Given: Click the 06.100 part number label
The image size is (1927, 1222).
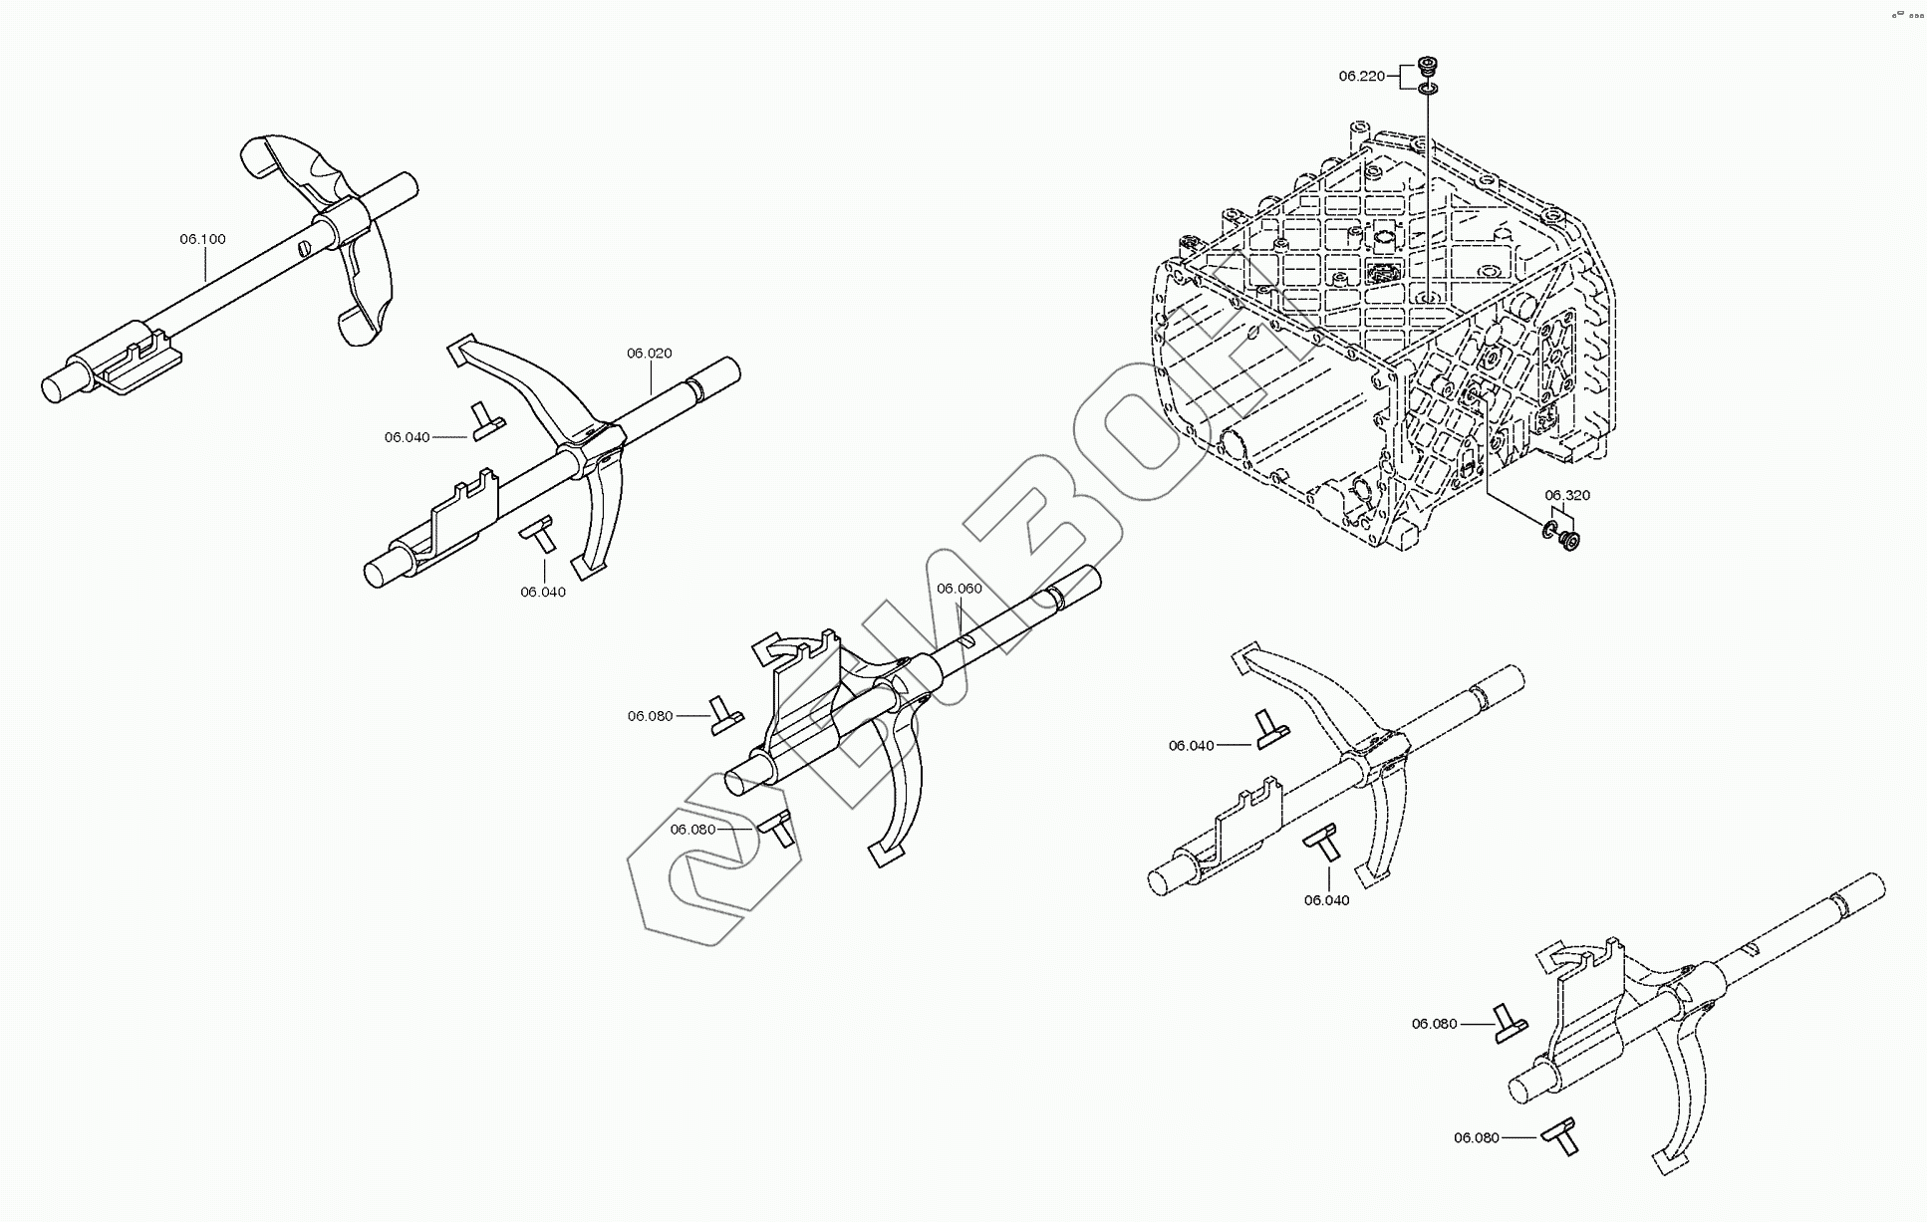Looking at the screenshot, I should pyautogui.click(x=202, y=239).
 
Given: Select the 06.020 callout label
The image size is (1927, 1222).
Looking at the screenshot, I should pyautogui.click(x=649, y=353).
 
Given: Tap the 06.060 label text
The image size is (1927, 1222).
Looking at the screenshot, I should pyautogui.click(x=959, y=589).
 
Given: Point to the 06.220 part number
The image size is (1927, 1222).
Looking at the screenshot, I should pyautogui.click(x=1361, y=76).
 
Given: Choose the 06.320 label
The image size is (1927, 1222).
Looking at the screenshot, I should pyautogui.click(x=1567, y=495).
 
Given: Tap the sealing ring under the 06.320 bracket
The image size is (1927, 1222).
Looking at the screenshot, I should pyautogui.click(x=1551, y=529).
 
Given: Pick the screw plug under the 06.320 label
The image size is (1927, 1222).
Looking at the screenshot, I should pyautogui.click(x=1570, y=542).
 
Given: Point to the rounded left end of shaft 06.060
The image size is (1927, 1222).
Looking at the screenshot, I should pyautogui.click(x=740, y=780).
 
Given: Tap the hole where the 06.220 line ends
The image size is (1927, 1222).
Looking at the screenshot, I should pyautogui.click(x=1431, y=297).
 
